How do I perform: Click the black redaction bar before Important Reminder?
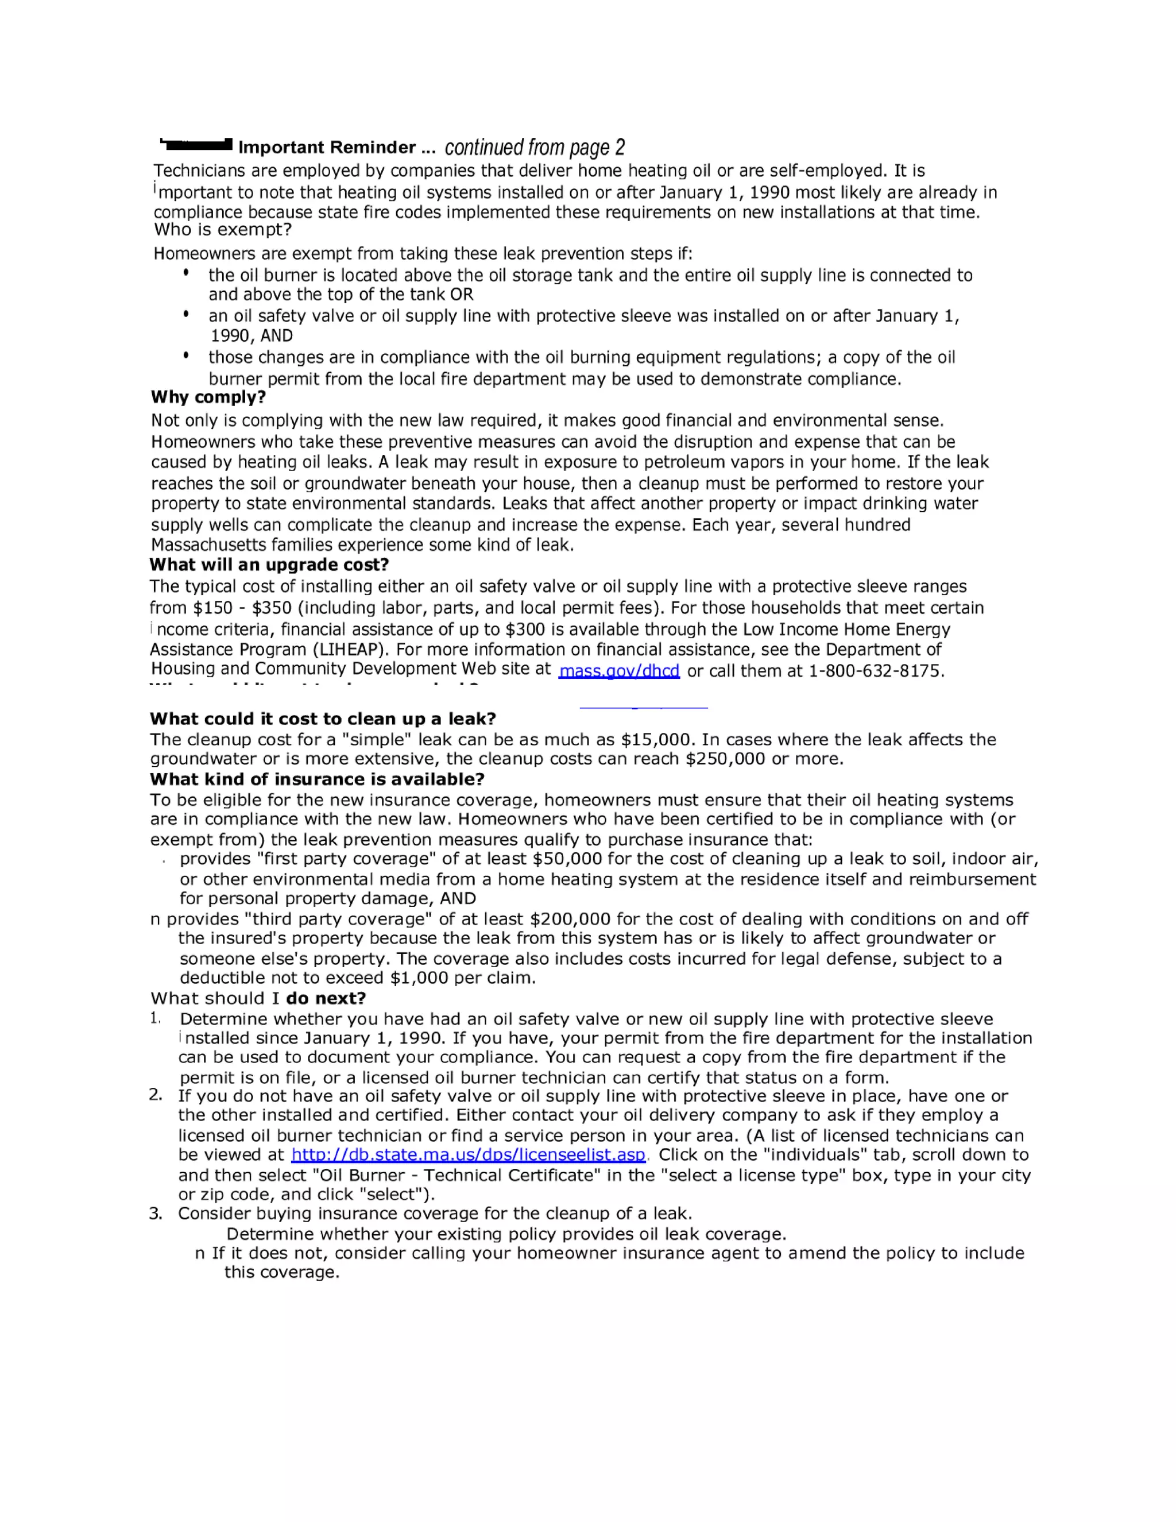tap(196, 145)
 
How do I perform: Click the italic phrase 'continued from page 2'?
tap(535, 147)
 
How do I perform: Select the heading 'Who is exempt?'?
tap(222, 230)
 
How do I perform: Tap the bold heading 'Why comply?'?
tap(208, 397)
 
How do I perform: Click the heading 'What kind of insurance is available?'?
tap(317, 779)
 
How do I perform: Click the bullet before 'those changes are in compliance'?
tap(186, 356)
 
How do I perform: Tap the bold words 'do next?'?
tap(326, 998)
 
